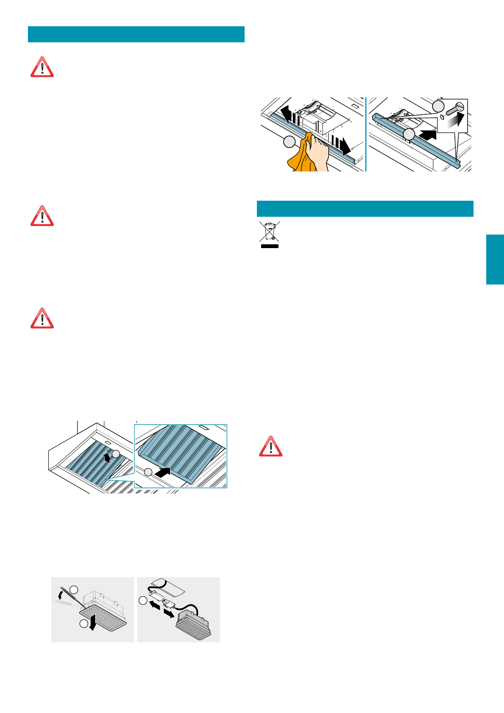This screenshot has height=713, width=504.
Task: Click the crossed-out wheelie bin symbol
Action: pos(269,232)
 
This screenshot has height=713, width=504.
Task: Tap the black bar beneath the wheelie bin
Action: pos(269,246)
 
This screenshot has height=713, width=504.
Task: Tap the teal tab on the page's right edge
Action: pos(495,259)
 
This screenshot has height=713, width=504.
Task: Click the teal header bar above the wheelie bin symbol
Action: pos(365,208)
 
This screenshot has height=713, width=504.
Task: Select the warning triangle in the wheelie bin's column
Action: pos(271,446)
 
